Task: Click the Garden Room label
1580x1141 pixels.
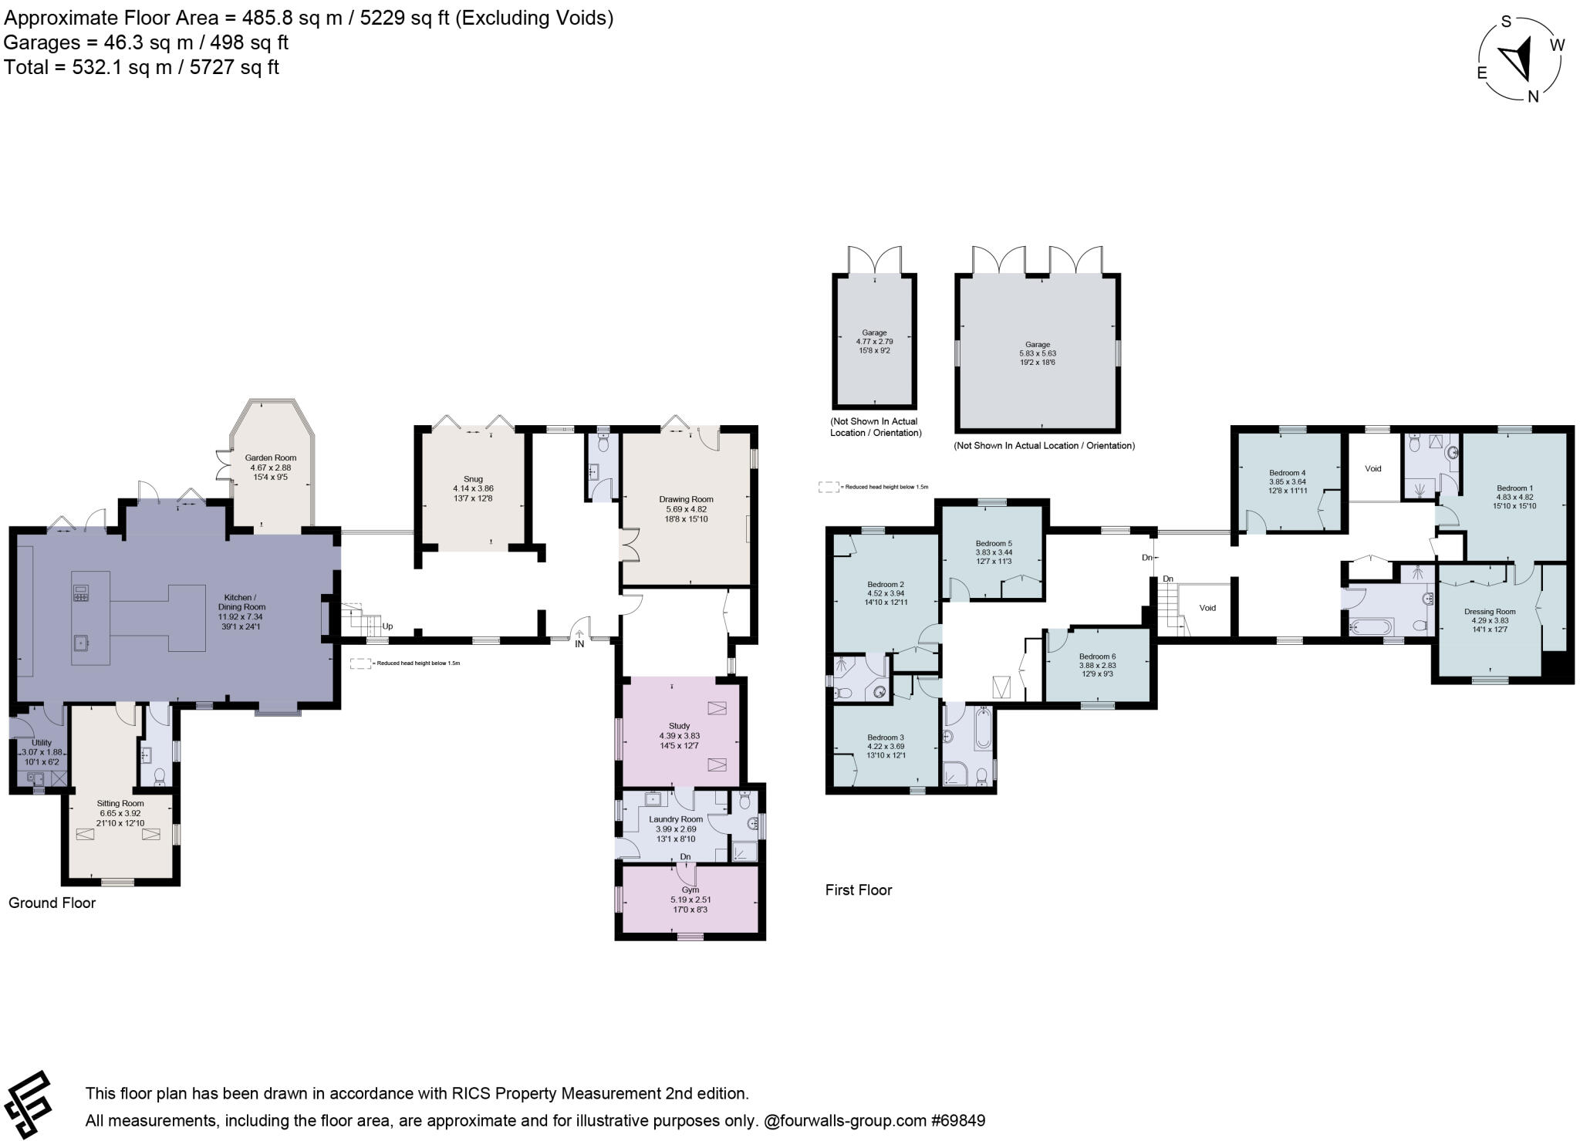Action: (271, 457)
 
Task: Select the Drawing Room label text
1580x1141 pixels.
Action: (686, 499)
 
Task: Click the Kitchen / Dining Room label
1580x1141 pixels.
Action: (245, 598)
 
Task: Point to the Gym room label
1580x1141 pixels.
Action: (690, 890)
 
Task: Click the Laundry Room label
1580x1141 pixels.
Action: (676, 819)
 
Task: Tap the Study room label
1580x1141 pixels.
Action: (679, 726)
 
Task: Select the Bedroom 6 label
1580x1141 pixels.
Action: (1097, 656)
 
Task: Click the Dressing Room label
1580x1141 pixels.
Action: (1490, 612)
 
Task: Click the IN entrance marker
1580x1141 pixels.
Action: (579, 643)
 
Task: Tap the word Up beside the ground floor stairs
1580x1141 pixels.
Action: (387, 626)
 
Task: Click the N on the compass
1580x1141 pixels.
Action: (1533, 96)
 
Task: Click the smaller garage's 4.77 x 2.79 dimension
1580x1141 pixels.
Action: (874, 341)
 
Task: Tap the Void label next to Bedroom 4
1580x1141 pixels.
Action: (1373, 468)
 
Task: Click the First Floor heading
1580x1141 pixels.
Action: (858, 890)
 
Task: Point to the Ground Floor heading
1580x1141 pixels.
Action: (52, 903)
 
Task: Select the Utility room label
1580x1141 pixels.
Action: (42, 743)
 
